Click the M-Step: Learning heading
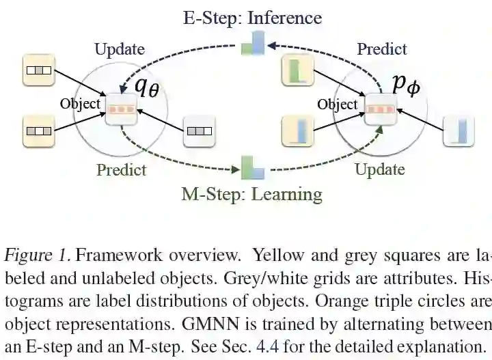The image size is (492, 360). coord(251,193)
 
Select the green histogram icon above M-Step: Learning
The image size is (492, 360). coord(253,167)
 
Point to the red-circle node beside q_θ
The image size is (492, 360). coord(122,109)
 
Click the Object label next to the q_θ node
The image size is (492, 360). coord(80,104)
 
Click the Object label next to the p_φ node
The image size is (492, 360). coord(338,104)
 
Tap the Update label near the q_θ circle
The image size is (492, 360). coord(120,49)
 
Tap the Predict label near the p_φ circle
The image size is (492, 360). coord(382,49)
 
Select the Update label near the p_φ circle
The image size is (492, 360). coord(380,169)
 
